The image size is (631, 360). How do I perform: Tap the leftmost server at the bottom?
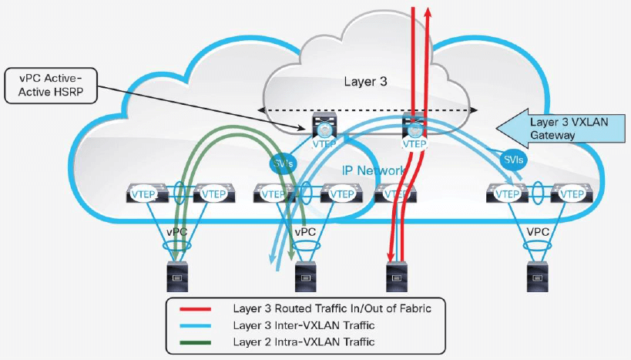176,275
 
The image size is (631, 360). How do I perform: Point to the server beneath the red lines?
396,275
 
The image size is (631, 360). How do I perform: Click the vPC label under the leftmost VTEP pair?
176,230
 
